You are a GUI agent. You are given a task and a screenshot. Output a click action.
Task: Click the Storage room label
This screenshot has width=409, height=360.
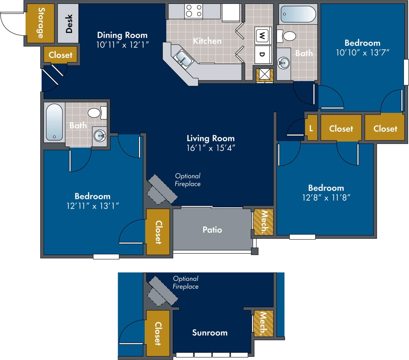tap(41, 23)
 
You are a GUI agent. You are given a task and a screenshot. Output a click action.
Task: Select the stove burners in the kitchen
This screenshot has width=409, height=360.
tap(194, 11)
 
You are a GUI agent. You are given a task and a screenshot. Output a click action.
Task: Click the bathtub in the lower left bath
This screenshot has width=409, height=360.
tap(54, 122)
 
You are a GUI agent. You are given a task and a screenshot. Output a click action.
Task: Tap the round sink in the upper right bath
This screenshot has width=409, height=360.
tap(283, 63)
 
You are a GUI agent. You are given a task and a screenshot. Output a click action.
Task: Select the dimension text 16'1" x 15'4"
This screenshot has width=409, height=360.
tap(211, 148)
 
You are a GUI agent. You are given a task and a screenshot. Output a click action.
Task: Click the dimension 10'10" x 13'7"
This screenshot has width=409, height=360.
tap(362, 53)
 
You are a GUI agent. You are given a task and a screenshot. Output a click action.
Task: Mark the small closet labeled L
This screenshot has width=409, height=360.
tap(311, 128)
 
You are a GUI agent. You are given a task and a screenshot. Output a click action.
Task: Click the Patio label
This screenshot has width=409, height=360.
tap(212, 230)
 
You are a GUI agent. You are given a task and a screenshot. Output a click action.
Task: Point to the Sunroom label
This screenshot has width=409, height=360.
tap(210, 333)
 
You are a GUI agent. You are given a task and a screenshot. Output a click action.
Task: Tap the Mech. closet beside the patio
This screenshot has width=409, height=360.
tap(263, 222)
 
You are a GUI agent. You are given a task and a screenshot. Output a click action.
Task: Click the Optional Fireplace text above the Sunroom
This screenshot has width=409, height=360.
tap(186, 282)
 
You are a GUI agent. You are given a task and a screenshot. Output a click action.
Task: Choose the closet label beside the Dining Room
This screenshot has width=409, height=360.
tap(60, 55)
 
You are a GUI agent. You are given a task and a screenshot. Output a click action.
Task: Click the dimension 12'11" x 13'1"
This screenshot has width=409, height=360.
tap(92, 206)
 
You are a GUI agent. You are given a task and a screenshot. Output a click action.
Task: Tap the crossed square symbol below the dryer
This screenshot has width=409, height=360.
tap(264, 74)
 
